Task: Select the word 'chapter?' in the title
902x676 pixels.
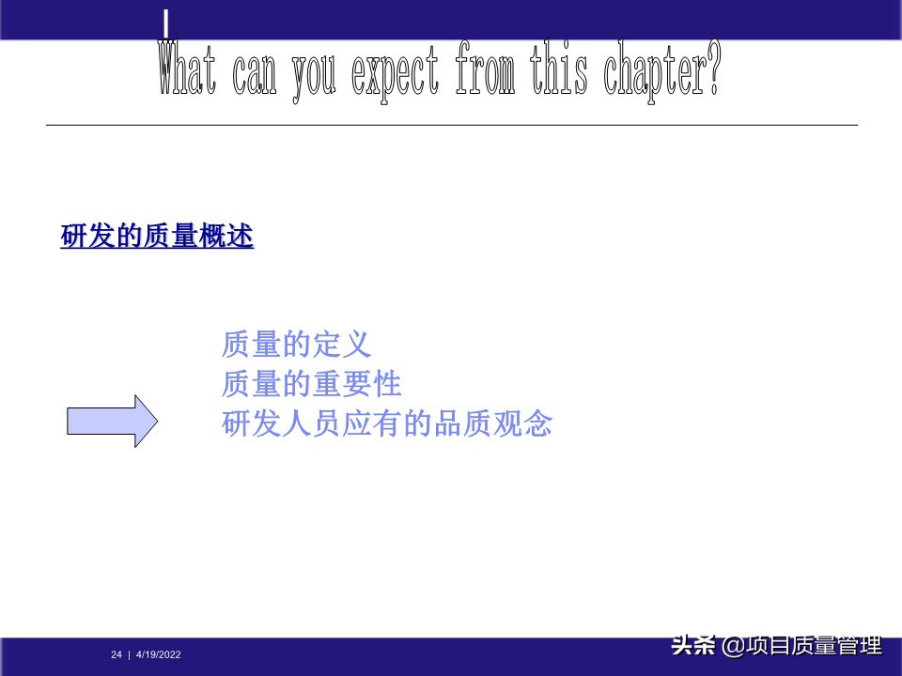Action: pos(662,69)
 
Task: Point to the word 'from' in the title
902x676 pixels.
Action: pos(485,69)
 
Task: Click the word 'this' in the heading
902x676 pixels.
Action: pos(558,69)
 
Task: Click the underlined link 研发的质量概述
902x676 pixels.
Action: pos(157,238)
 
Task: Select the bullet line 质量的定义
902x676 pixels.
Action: pos(296,345)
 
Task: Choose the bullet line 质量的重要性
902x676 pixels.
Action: pos(311,384)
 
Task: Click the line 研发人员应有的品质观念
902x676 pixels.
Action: pos(386,424)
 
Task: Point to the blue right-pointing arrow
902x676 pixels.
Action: pos(112,421)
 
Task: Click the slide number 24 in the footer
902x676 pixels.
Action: pos(117,654)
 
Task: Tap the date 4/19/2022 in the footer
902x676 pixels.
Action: pos(159,654)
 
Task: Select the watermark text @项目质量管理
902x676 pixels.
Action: pos(801,646)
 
